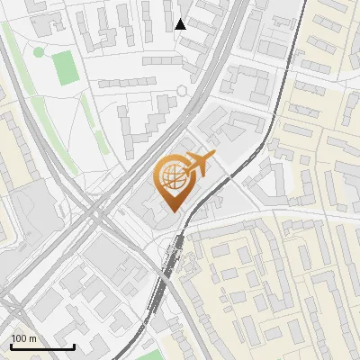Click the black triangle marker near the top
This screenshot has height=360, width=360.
point(181,24)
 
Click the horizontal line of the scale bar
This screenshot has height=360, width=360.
point(42,347)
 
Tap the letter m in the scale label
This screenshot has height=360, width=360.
point(32,338)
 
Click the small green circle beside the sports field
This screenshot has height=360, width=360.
point(39,51)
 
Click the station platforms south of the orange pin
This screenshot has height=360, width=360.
point(171,256)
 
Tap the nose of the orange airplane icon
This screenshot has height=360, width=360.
point(214,157)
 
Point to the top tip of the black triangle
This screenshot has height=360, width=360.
point(181,19)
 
